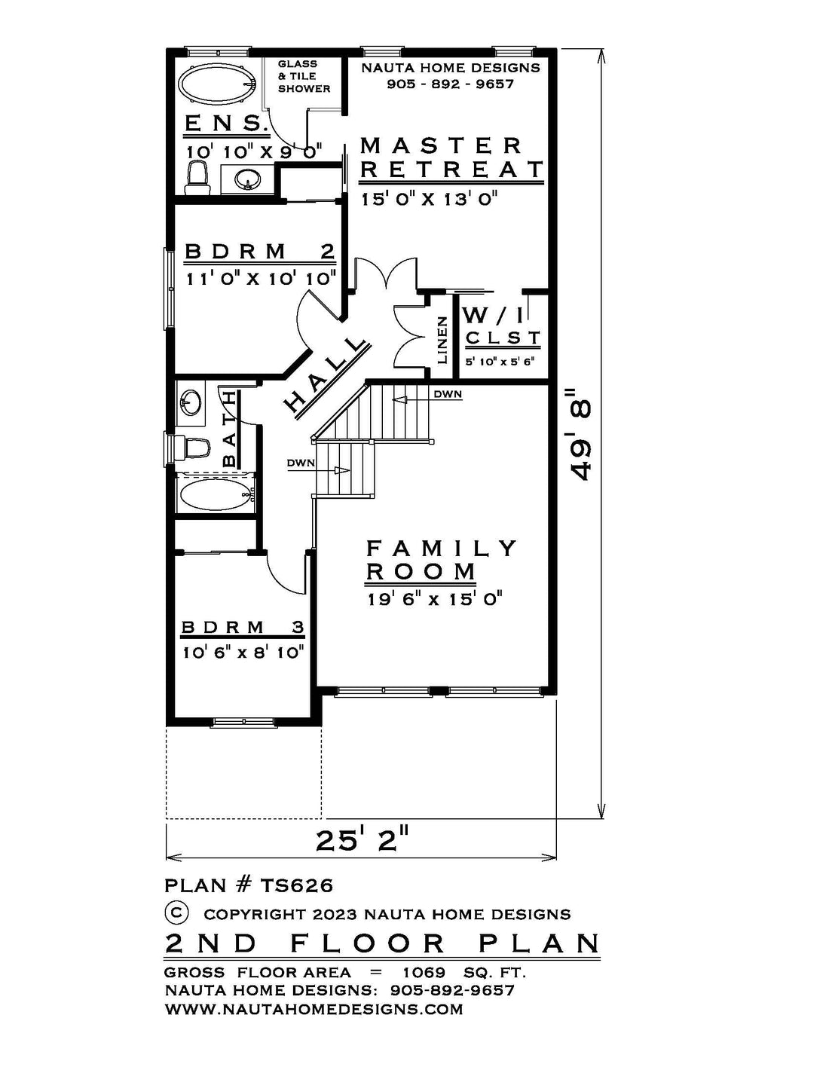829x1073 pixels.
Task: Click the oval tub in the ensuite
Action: pyautogui.click(x=217, y=84)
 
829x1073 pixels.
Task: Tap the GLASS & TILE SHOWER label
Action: pyautogui.click(x=304, y=77)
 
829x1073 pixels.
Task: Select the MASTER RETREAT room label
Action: pyautogui.click(x=451, y=157)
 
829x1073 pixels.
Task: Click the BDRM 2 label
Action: pyautogui.click(x=260, y=252)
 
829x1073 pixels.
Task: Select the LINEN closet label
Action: pyautogui.click(x=442, y=340)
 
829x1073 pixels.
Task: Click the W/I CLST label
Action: pyautogui.click(x=503, y=326)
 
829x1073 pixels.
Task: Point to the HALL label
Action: pyautogui.click(x=325, y=374)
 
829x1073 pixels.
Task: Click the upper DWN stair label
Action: pyautogui.click(x=448, y=394)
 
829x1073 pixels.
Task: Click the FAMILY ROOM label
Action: pyautogui.click(x=442, y=560)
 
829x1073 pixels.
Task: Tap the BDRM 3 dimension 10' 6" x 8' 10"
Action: pyautogui.click(x=243, y=653)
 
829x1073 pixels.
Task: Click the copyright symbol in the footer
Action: pyautogui.click(x=176, y=911)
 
